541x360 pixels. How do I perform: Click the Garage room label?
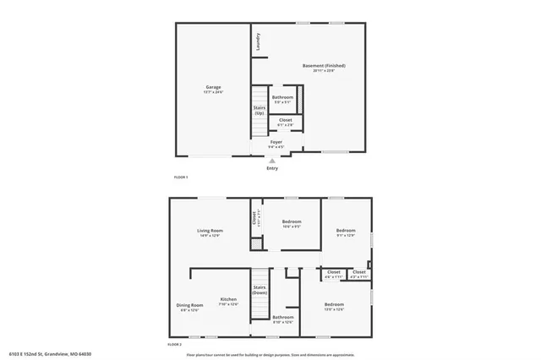coord(212,87)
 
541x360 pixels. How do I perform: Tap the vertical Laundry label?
coord(258,41)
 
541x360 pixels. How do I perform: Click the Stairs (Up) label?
coord(260,111)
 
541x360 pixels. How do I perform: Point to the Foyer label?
coord(276,142)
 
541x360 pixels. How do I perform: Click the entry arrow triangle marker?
coord(272,161)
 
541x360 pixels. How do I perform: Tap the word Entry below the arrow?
coord(272,168)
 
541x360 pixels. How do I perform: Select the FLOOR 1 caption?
coord(181,177)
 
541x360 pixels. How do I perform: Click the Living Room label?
coord(210,230)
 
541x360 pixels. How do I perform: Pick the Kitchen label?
coord(228,299)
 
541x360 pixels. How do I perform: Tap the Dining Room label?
coord(190,305)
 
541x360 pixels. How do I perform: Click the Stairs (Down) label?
coord(260,290)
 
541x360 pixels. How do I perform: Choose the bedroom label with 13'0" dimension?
coord(334,304)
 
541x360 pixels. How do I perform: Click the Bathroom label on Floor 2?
coord(283,317)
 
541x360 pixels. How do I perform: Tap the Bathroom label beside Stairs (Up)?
coord(283,97)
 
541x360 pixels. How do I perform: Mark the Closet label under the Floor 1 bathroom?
coord(286,120)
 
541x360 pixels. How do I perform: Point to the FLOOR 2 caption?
coord(175,345)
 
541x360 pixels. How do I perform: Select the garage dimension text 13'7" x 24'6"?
coord(212,92)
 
